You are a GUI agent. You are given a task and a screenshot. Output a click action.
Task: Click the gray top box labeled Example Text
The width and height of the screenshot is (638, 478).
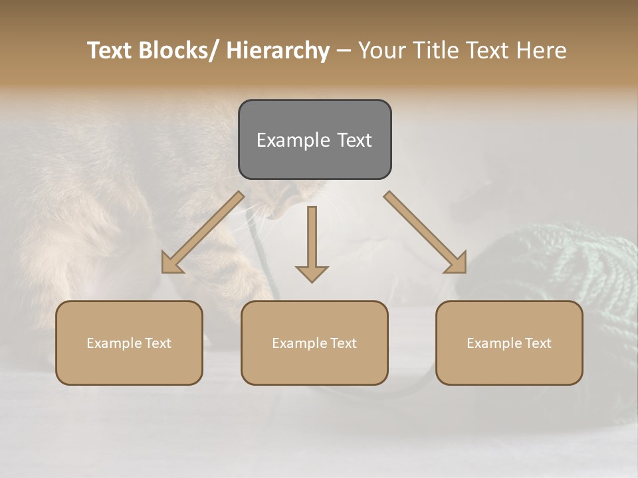click(314, 139)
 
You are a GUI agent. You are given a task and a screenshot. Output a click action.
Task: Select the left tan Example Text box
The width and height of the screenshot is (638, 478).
click(129, 343)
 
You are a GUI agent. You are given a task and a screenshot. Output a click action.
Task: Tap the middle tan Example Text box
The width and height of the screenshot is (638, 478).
click(314, 343)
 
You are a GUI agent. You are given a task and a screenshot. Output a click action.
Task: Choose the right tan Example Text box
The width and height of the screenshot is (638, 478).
click(509, 343)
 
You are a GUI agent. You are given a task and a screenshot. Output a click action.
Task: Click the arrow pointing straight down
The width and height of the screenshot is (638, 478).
click(312, 242)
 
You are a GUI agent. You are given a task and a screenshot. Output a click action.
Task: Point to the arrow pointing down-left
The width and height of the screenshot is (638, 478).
click(203, 232)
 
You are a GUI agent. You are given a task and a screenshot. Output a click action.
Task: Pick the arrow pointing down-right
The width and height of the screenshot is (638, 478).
click(425, 232)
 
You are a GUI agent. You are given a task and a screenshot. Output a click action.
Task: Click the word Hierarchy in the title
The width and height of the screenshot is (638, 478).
click(278, 50)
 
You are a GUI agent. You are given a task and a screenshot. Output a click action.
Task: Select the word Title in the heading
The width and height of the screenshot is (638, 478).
click(432, 50)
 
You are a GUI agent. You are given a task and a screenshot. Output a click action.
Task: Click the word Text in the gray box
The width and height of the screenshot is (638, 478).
click(354, 140)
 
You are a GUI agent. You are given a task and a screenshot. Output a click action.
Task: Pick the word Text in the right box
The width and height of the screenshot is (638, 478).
click(538, 343)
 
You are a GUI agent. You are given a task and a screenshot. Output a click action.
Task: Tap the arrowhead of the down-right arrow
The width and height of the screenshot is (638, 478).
click(457, 264)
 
